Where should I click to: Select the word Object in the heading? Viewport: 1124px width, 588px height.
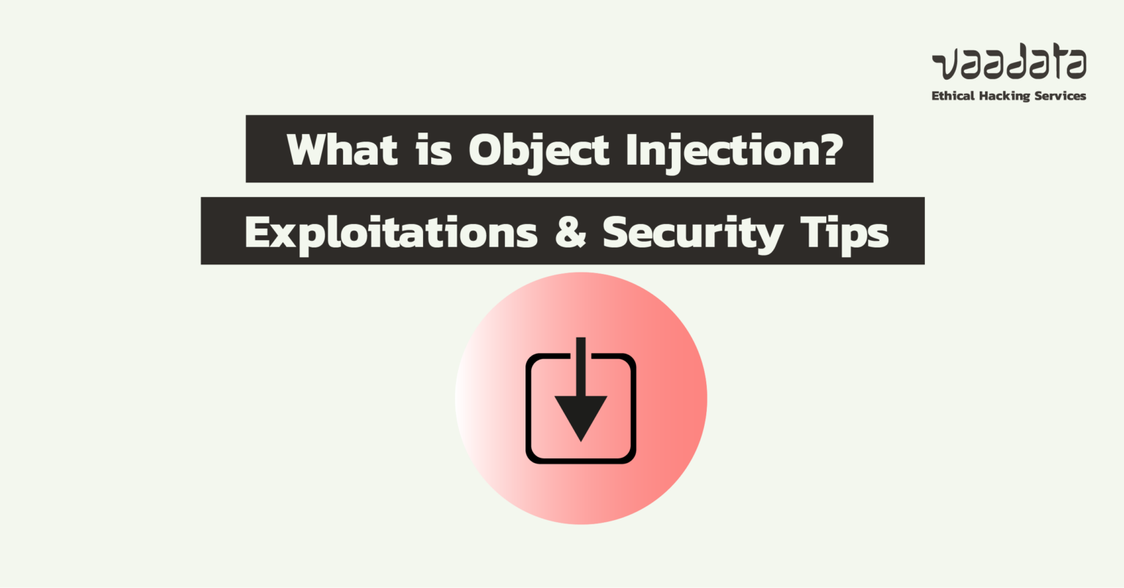pos(539,150)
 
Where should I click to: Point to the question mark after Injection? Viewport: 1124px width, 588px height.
pos(830,149)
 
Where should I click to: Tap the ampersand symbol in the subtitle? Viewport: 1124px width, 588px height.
pos(571,232)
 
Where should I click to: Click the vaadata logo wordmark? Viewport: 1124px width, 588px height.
pos(1009,64)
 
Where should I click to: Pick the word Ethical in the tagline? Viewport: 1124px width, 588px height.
pos(954,96)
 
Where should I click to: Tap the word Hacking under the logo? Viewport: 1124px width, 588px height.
pos(1005,96)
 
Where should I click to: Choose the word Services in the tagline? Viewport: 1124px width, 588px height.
pos(1060,96)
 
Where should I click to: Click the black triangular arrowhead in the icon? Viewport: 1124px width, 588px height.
pos(581,414)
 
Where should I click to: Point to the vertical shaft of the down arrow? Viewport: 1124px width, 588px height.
pos(581,366)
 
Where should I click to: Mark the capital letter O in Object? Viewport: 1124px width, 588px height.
pos(486,149)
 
